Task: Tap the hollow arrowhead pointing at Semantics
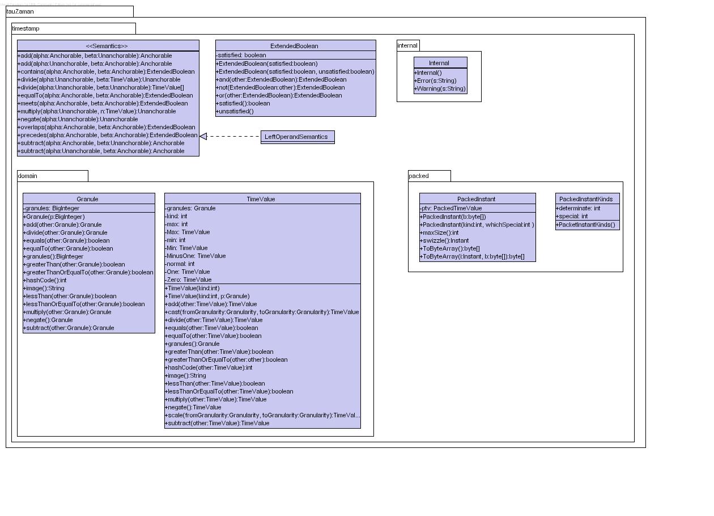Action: click(x=203, y=136)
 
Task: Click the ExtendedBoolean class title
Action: click(x=294, y=46)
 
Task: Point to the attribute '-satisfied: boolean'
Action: click(x=241, y=55)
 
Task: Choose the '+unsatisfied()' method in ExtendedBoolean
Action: click(x=235, y=111)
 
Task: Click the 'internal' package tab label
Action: click(x=407, y=45)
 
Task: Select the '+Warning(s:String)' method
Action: click(x=440, y=88)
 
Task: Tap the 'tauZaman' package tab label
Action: click(x=20, y=11)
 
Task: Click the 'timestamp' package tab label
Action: click(x=26, y=28)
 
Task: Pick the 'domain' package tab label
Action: click(x=28, y=176)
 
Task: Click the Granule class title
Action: click(x=87, y=199)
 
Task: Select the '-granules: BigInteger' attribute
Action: click(x=52, y=208)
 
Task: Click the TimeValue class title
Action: click(x=261, y=199)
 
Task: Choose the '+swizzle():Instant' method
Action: click(x=444, y=240)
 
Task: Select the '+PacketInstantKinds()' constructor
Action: click(x=585, y=225)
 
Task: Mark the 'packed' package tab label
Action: click(x=419, y=176)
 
